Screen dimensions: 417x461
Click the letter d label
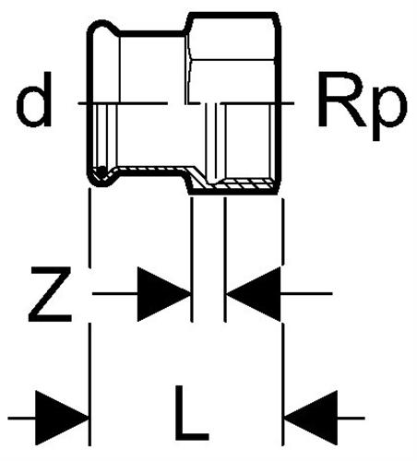point(34,100)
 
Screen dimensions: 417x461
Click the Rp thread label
point(363,106)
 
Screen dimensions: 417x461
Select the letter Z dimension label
point(51,294)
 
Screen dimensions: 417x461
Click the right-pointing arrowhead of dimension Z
point(163,294)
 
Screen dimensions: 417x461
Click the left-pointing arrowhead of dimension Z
point(254,294)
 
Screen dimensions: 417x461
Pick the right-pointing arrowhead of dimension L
point(62,418)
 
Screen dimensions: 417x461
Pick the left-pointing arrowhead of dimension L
point(311,418)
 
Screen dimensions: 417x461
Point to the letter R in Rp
point(342,100)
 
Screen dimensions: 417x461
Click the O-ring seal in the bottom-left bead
point(100,172)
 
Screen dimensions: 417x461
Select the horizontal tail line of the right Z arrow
point(306,294)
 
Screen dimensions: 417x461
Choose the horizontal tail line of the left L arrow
point(21,418)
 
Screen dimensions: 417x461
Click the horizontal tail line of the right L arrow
point(351,418)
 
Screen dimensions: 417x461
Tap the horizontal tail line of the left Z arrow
point(114,294)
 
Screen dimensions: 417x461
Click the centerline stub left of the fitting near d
point(82,103)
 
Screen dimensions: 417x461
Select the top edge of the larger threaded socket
point(233,15)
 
